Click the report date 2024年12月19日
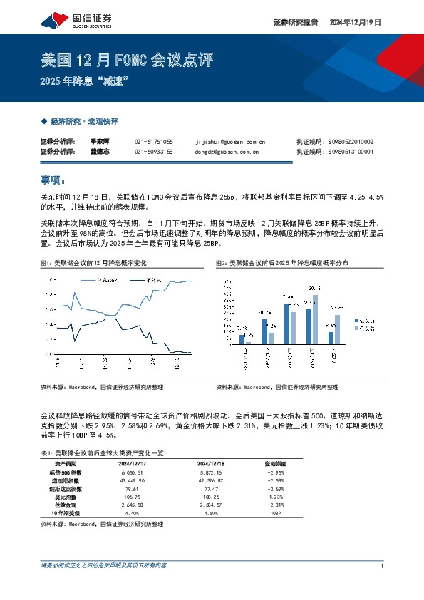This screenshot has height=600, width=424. click(x=355, y=22)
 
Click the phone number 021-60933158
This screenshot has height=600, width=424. click(x=153, y=152)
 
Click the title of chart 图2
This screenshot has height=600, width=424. click(x=283, y=264)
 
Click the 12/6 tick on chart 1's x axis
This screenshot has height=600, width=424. click(x=151, y=363)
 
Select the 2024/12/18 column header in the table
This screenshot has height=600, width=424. click(x=212, y=462)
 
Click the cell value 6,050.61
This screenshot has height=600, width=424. click(x=133, y=472)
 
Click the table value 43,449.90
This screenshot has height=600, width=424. click(x=133, y=481)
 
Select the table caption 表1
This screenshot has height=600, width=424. click(x=103, y=452)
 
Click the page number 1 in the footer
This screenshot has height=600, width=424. click(x=383, y=566)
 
